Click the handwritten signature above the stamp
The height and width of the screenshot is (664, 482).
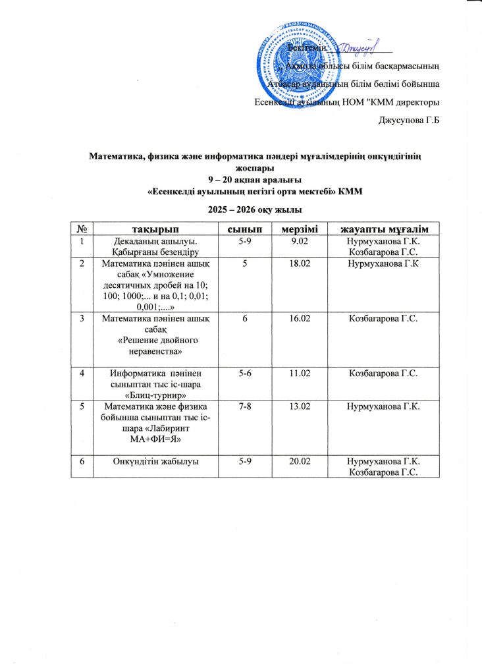click(360, 47)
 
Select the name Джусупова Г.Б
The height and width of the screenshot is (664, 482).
click(408, 121)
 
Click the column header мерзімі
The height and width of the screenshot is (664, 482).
click(298, 229)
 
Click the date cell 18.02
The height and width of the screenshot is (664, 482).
click(298, 263)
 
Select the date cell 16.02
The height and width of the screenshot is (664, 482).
click(298, 319)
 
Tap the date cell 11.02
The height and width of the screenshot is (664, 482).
click(298, 373)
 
